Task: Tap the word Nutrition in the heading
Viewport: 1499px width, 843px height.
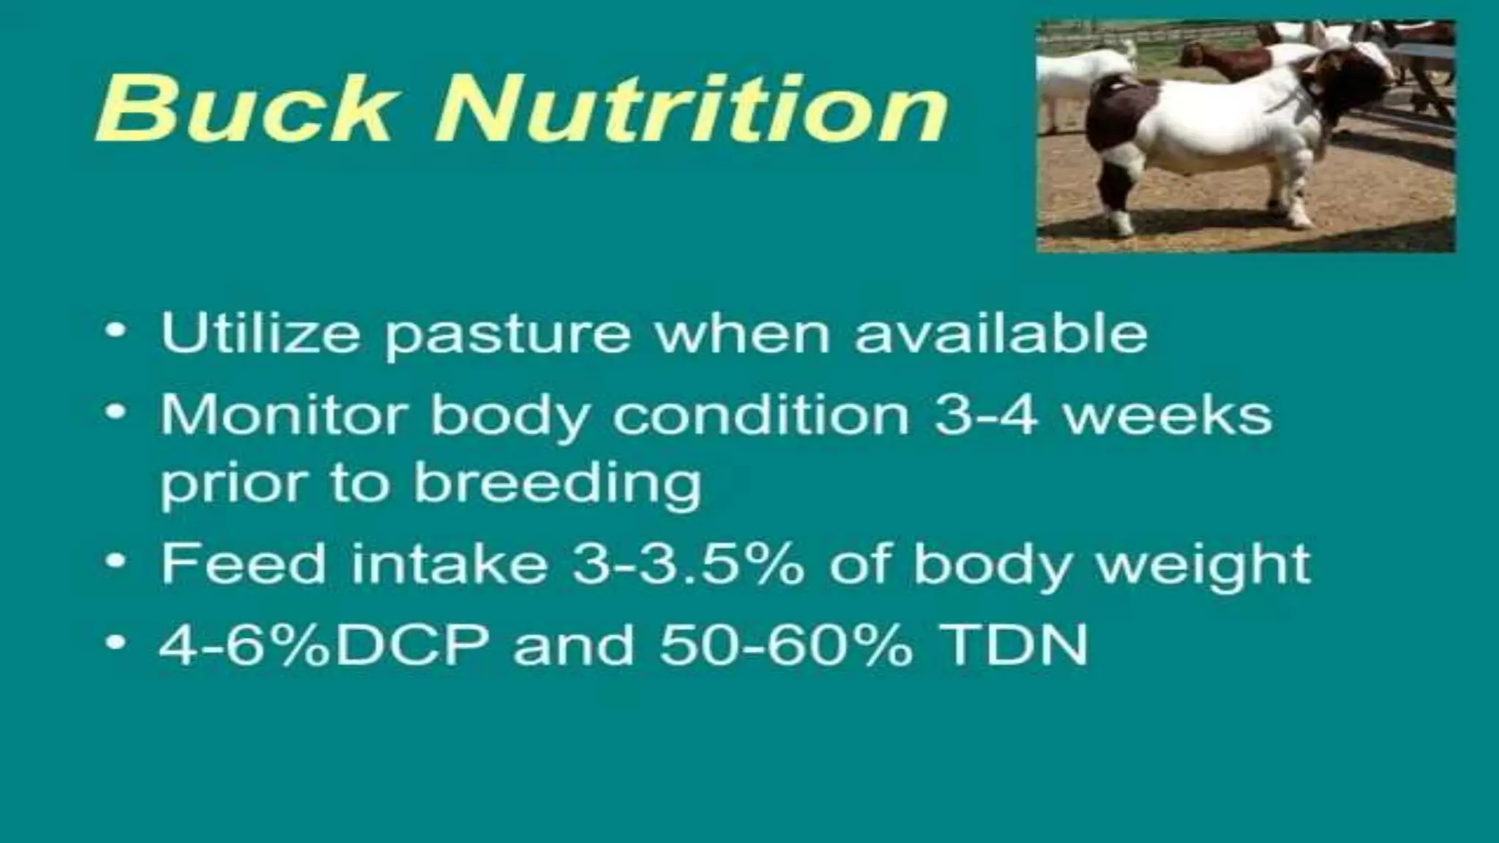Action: [x=692, y=110]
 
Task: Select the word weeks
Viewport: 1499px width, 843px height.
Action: [x=1167, y=415]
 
